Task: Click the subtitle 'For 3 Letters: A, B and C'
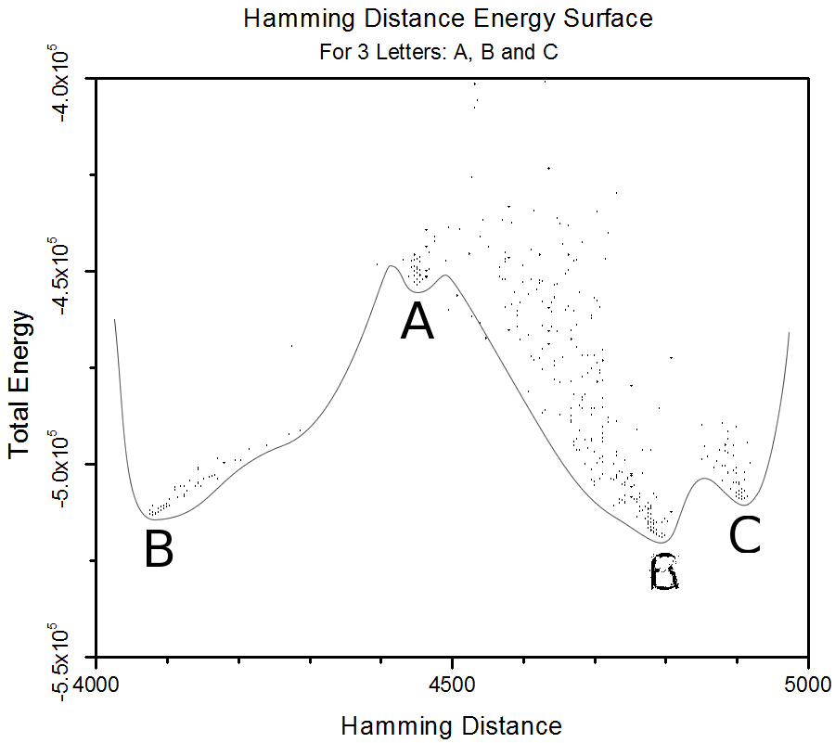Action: (x=438, y=51)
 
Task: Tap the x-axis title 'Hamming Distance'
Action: (x=451, y=724)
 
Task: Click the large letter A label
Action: (x=417, y=323)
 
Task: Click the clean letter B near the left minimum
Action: (x=159, y=549)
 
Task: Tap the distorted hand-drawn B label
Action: (x=664, y=572)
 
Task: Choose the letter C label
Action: (x=745, y=535)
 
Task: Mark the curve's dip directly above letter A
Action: (x=417, y=292)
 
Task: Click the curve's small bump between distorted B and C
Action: (x=704, y=479)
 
